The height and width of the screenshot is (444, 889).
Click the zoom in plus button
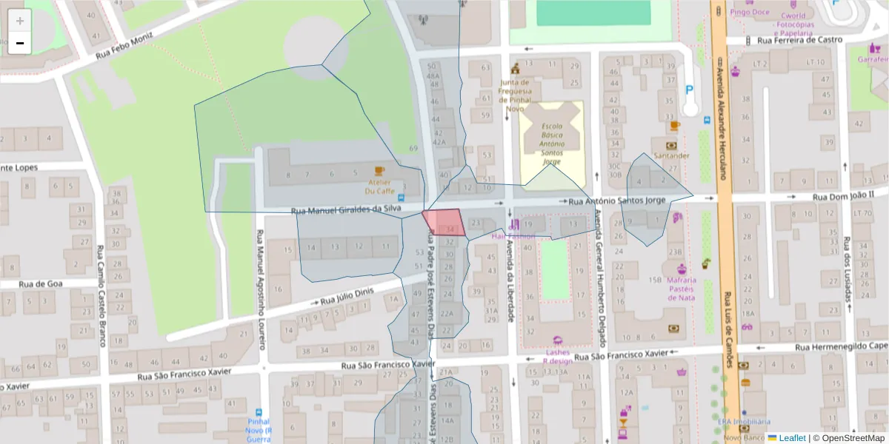[20, 21]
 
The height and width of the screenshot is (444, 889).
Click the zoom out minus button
[20, 44]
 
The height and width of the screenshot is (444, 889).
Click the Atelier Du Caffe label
[379, 186]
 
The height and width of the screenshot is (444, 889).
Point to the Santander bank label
[672, 155]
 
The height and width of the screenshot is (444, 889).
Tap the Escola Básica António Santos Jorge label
[551, 144]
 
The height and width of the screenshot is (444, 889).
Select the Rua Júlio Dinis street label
[349, 296]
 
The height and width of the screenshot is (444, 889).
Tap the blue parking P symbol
[690, 90]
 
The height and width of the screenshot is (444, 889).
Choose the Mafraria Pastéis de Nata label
[681, 289]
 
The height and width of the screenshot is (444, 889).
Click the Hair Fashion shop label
[513, 235]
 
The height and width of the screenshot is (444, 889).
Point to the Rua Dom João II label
[843, 197]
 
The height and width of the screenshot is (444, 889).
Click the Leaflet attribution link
[791, 438]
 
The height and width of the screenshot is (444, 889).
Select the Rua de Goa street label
[41, 283]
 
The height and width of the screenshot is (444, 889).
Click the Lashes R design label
[557, 357]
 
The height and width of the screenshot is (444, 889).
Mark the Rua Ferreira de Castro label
[805, 40]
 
